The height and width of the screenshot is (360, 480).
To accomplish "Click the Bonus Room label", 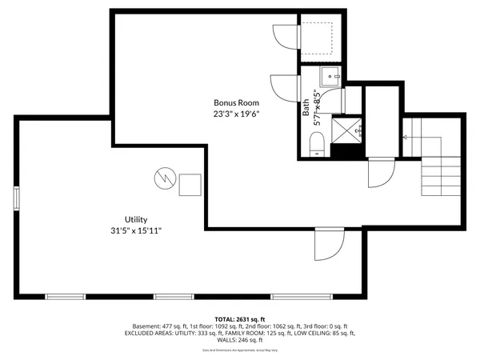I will point(236,102).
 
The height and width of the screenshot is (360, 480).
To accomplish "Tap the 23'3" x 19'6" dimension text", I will point(236,114).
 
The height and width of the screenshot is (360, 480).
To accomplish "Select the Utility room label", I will point(135,219).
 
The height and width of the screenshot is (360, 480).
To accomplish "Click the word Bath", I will point(306,108).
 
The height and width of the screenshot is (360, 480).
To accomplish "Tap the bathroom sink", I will point(330,78).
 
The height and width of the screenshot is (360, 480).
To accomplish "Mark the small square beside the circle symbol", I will point(190,185).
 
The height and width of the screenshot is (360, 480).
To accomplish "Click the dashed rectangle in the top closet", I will point(322,36).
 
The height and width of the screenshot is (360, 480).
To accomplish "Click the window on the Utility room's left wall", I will point(17,198).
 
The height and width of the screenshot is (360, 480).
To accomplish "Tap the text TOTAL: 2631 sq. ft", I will point(240,318).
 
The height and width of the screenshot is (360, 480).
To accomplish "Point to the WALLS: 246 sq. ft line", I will point(240,339).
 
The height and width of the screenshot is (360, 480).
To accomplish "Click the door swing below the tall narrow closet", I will point(380,170).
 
